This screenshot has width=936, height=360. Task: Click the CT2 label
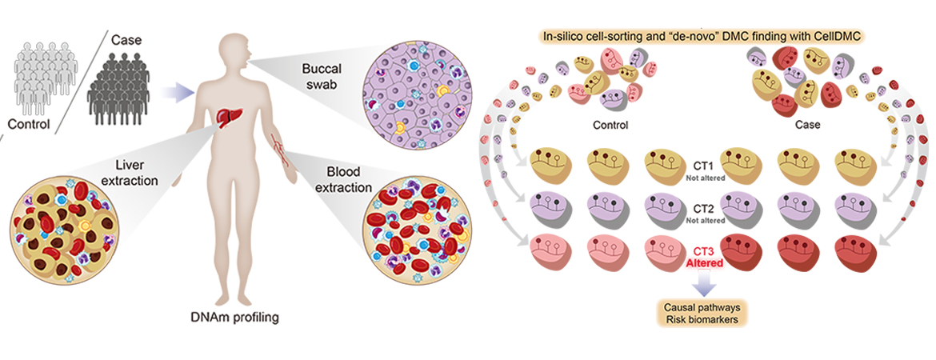click(x=705, y=206)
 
